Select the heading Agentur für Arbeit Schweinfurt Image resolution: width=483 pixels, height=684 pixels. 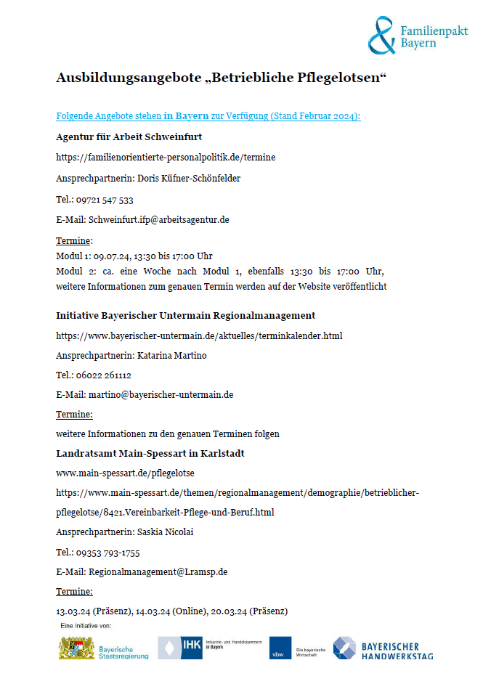pos(129,137)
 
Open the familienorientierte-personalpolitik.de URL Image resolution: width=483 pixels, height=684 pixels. pos(166,157)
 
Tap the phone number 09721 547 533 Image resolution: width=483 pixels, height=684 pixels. pos(105,200)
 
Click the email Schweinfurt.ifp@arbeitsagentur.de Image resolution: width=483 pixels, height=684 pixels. pos(158,219)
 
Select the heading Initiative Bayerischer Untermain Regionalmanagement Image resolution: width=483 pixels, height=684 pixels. pos(185,315)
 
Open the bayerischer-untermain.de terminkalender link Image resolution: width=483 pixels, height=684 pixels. pos(199,335)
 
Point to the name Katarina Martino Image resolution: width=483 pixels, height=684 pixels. pos(172,356)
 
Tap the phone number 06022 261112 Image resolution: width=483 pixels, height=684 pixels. pos(105,375)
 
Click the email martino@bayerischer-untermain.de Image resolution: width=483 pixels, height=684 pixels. pos(161,395)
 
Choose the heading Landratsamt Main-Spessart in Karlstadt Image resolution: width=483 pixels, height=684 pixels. pos(150,453)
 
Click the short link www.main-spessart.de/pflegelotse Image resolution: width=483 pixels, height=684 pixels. pos(125,473)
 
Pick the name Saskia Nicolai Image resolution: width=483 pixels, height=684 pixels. pos(170,532)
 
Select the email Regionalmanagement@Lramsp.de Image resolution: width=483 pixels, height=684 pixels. pos(158,572)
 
